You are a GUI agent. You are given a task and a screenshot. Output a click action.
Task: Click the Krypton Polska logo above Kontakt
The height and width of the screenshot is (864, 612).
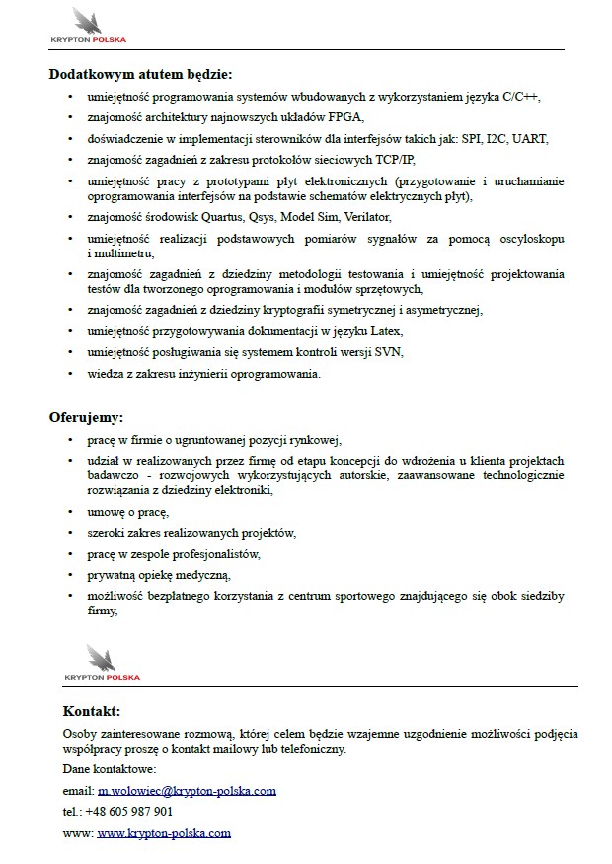102,662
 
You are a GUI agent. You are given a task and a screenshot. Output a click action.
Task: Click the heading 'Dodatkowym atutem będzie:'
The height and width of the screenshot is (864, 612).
141,73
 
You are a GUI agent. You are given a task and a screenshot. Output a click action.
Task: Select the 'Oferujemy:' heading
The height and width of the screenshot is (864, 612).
87,417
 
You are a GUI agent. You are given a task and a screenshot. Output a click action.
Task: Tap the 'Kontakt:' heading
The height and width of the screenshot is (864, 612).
92,711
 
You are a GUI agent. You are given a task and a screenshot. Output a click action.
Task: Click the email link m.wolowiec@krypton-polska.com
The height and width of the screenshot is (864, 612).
187,790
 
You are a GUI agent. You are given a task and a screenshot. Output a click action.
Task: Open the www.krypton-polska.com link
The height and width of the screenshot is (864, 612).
164,832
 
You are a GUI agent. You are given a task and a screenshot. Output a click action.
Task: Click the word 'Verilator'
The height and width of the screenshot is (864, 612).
367,217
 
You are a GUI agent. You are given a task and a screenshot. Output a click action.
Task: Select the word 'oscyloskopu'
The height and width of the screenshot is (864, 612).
528,239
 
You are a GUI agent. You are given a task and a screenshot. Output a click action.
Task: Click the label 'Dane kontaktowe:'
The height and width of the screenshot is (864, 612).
110,768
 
